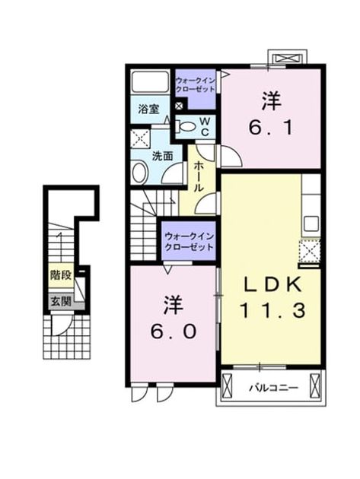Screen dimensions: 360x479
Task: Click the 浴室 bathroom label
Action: point(148,109)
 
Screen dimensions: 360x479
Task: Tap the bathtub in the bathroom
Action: point(150,81)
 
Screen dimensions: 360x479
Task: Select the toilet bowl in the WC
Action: point(186,126)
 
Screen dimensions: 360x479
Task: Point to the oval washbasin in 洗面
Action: point(140,173)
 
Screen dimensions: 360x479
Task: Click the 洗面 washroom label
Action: point(162,156)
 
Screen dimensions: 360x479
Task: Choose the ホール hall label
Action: point(199,176)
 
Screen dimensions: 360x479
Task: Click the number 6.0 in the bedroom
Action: point(173,318)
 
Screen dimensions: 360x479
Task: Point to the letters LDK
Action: point(272,284)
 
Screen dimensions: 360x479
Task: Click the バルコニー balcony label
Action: point(274,389)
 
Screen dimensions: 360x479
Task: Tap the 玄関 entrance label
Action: point(61,302)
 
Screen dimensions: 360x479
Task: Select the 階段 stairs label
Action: point(61,275)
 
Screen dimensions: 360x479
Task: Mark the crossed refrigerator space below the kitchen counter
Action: point(310,251)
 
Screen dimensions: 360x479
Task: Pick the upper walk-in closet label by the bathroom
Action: point(195,85)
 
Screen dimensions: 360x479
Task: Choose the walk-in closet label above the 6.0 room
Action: point(189,242)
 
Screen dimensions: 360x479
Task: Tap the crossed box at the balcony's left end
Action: point(227,386)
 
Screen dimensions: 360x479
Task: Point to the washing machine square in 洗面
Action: point(140,139)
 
